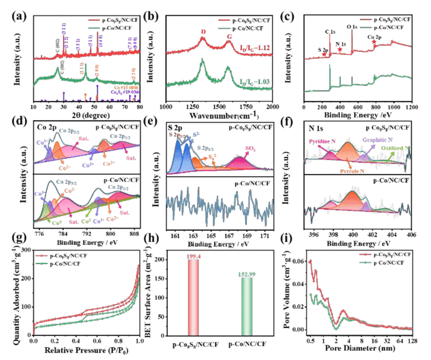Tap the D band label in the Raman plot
(x=203, y=32)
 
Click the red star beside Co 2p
(x=374, y=42)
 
